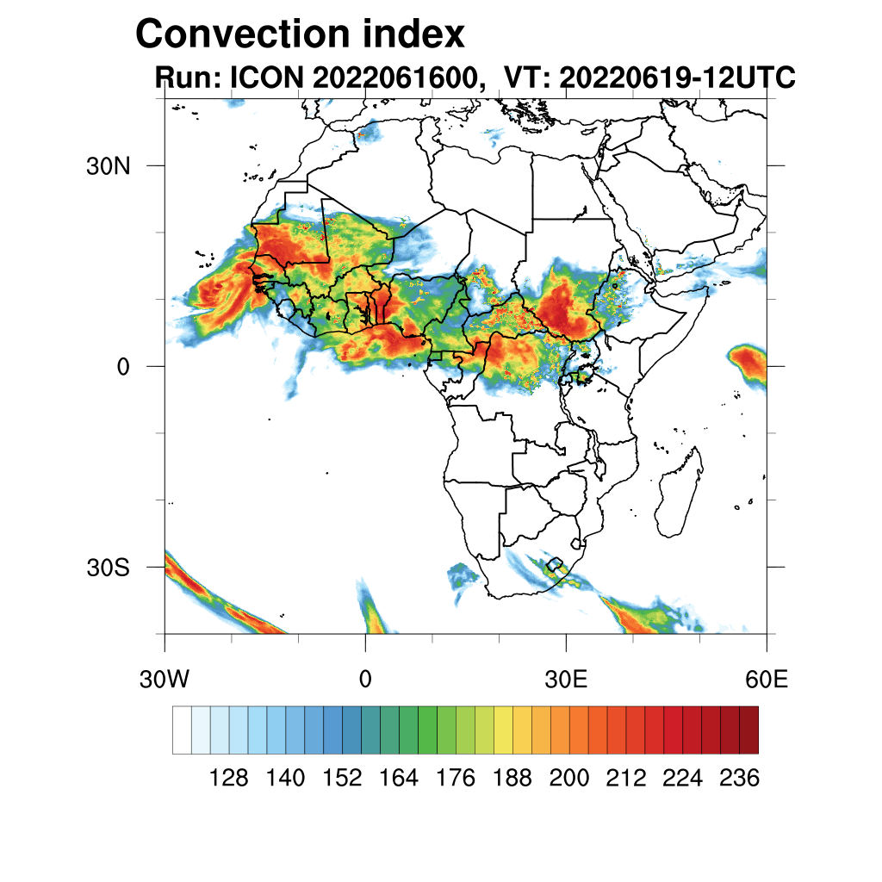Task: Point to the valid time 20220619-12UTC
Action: pyautogui.click(x=677, y=78)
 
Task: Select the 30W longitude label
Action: pyautogui.click(x=165, y=680)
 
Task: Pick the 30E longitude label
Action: pyautogui.click(x=566, y=680)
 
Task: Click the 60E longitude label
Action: pyautogui.click(x=767, y=680)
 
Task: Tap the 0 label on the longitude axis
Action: pyautogui.click(x=365, y=680)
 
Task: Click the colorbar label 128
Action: pyautogui.click(x=229, y=779)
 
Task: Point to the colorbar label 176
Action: pyautogui.click(x=456, y=779)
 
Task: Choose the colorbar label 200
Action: pyautogui.click(x=569, y=779)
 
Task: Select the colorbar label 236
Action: pyautogui.click(x=739, y=779)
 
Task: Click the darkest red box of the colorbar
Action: pyautogui.click(x=748, y=730)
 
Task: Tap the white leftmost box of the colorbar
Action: pyautogui.click(x=182, y=730)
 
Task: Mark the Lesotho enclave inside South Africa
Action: pyautogui.click(x=556, y=567)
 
